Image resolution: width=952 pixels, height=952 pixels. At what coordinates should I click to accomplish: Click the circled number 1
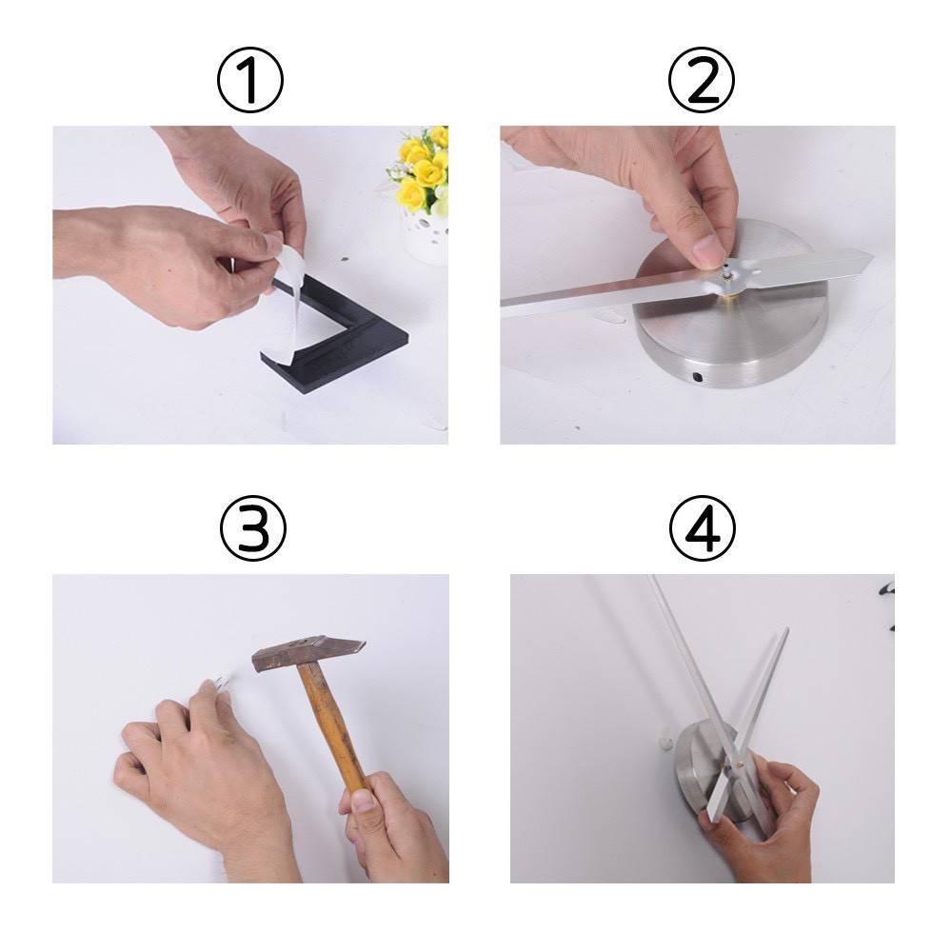(x=250, y=80)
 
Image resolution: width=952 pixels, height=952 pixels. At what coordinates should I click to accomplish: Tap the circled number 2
(x=702, y=80)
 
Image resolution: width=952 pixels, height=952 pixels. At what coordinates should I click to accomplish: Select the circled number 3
(x=252, y=527)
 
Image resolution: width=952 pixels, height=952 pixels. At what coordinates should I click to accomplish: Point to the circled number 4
(x=703, y=527)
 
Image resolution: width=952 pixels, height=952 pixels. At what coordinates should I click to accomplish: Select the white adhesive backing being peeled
(x=290, y=297)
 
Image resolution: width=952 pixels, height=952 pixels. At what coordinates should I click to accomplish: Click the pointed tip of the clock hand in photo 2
(x=872, y=261)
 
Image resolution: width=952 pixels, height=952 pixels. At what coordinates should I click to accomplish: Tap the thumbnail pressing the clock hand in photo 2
(x=708, y=250)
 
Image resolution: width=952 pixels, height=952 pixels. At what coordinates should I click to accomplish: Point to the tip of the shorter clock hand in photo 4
(x=787, y=629)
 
